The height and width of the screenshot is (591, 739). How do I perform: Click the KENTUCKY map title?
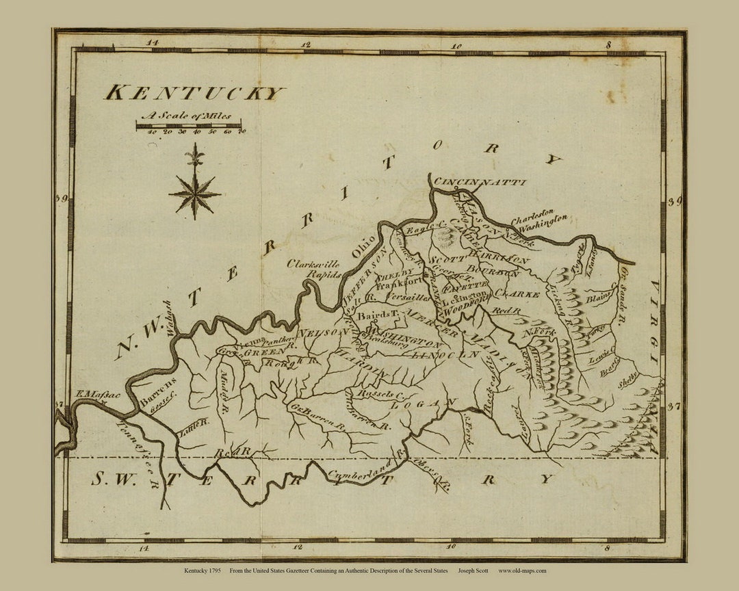pyautogui.click(x=194, y=93)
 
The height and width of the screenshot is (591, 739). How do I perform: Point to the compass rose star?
pyautogui.click(x=195, y=192)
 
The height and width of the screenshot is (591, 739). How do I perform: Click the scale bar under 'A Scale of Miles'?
pyautogui.click(x=188, y=126)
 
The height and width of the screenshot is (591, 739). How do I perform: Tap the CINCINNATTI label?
pyautogui.click(x=480, y=182)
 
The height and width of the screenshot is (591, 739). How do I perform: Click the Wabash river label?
pyautogui.click(x=167, y=317)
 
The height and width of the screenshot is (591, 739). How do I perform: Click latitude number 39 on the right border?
pyautogui.click(x=675, y=201)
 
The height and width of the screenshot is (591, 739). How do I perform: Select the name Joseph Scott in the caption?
pyautogui.click(x=472, y=570)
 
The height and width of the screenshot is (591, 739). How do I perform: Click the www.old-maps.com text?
pyautogui.click(x=522, y=570)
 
